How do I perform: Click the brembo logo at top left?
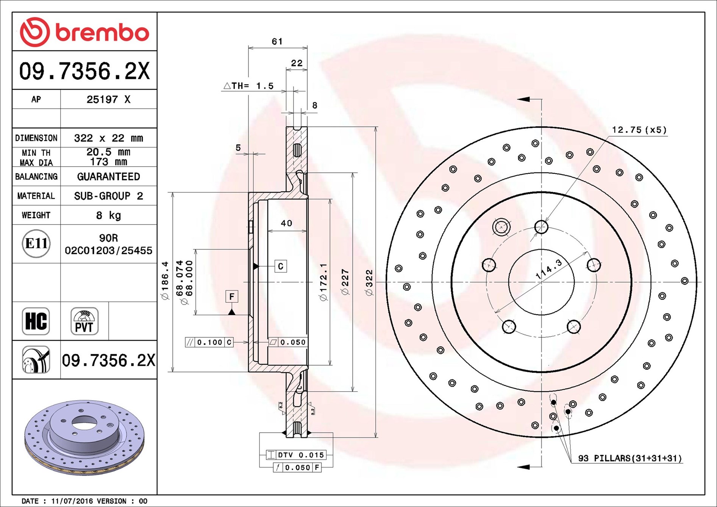[84, 32]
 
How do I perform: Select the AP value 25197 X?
[108, 100]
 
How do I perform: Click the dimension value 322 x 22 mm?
[108, 138]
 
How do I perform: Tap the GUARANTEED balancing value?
[108, 177]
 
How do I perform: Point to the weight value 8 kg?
[108, 215]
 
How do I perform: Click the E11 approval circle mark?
[36, 243]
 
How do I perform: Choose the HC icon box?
[36, 321]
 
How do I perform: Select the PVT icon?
[84, 321]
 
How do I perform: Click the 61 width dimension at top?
[277, 42]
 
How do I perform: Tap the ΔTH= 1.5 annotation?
[249, 86]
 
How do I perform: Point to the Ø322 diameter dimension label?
[369, 282]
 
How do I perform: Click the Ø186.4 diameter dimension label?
[165, 280]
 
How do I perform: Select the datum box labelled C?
[281, 266]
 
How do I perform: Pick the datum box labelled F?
[232, 296]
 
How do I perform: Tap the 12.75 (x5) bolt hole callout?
[639, 130]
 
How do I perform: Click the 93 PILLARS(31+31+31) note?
[630, 458]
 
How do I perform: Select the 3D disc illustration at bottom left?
[84, 437]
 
